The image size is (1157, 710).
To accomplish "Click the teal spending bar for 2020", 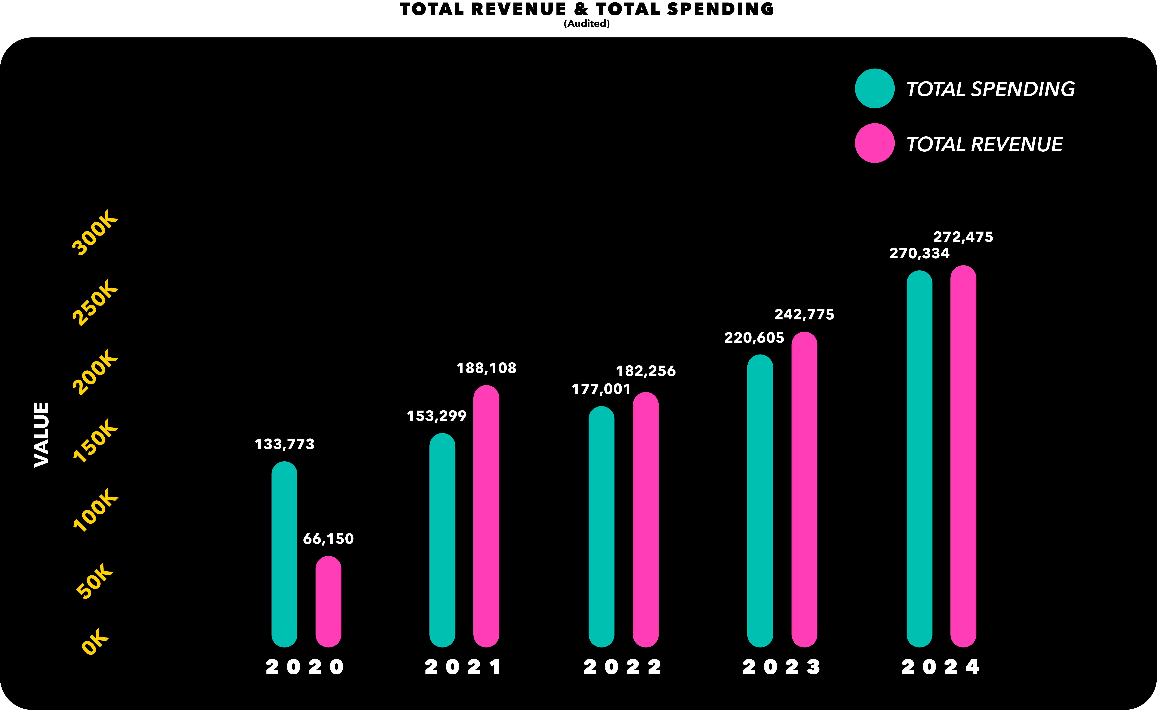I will [284, 554].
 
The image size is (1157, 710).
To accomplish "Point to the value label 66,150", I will [328, 539].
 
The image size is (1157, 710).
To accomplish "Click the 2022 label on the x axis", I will [622, 667].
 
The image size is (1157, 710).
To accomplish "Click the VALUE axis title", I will [41, 434].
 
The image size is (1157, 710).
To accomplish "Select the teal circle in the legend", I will [874, 88].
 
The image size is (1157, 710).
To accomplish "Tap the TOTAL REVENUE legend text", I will [984, 144].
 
